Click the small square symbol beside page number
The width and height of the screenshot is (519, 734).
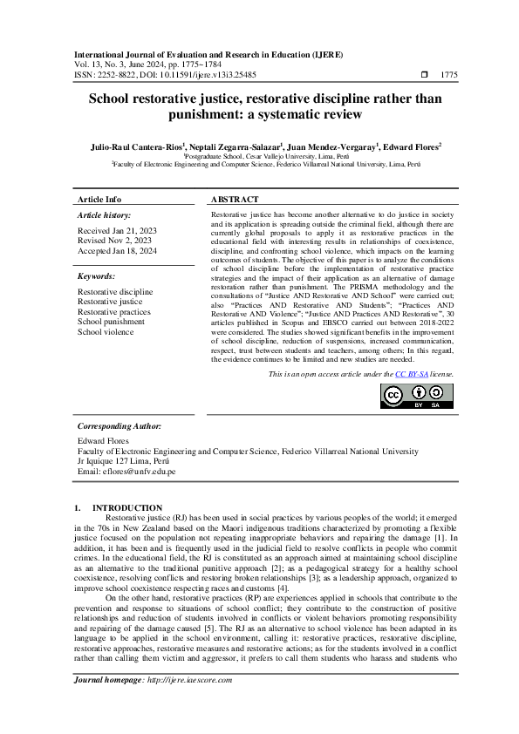424,76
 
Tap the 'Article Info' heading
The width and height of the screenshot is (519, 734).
99,199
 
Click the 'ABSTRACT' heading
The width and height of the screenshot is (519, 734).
235,199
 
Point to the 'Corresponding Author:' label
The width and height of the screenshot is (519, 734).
120,426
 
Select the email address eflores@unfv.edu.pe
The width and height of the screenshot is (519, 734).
126,471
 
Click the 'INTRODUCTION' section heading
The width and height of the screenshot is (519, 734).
127,507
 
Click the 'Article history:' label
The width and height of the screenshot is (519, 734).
105,214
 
